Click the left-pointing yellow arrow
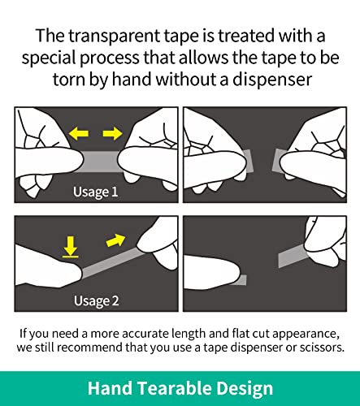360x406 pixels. [x=78, y=133]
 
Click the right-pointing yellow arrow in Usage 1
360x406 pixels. [x=112, y=133]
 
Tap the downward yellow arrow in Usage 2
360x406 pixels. [x=71, y=247]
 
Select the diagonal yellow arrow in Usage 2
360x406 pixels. [x=116, y=240]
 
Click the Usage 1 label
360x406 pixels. [x=95, y=192]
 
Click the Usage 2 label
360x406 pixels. [x=96, y=300]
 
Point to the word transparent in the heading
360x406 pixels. [x=114, y=36]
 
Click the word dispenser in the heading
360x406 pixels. [x=272, y=80]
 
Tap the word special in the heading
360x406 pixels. [x=49, y=58]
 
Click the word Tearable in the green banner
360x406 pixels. [x=174, y=388]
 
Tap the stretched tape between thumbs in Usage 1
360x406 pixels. [x=100, y=162]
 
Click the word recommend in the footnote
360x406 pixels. [x=90, y=348]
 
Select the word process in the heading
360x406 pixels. [x=110, y=58]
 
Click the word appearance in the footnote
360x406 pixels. [x=306, y=334]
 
